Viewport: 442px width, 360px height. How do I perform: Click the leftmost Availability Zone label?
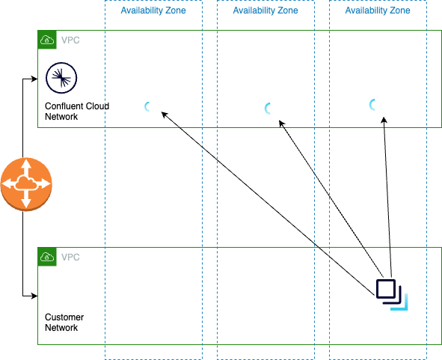tap(153, 11)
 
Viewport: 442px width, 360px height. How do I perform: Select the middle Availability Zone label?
tap(265, 11)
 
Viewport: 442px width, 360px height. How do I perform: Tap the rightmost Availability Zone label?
tap(378, 11)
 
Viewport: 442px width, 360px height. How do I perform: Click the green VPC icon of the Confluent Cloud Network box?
tap(46, 40)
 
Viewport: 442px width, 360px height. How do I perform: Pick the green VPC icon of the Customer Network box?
tap(46, 257)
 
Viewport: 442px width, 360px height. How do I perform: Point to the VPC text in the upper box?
tap(70, 40)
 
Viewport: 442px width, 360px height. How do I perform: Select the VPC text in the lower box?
tap(70, 257)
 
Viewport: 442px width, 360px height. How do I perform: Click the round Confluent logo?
tap(58, 77)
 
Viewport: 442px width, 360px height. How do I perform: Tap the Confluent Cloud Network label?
tap(76, 112)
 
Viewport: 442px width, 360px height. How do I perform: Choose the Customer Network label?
tap(64, 323)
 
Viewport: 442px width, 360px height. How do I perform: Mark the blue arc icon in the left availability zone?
tap(147, 107)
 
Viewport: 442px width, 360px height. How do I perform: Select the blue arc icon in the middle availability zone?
tap(268, 109)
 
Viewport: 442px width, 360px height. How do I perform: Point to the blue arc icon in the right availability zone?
tap(372, 105)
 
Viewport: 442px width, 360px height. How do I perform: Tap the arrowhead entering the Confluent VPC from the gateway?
tap(34, 78)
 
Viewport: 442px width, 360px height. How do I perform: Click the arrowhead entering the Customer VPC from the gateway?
tap(34, 296)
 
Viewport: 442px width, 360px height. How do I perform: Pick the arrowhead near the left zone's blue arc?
tap(165, 115)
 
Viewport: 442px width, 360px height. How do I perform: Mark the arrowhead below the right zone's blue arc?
tap(384, 118)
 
